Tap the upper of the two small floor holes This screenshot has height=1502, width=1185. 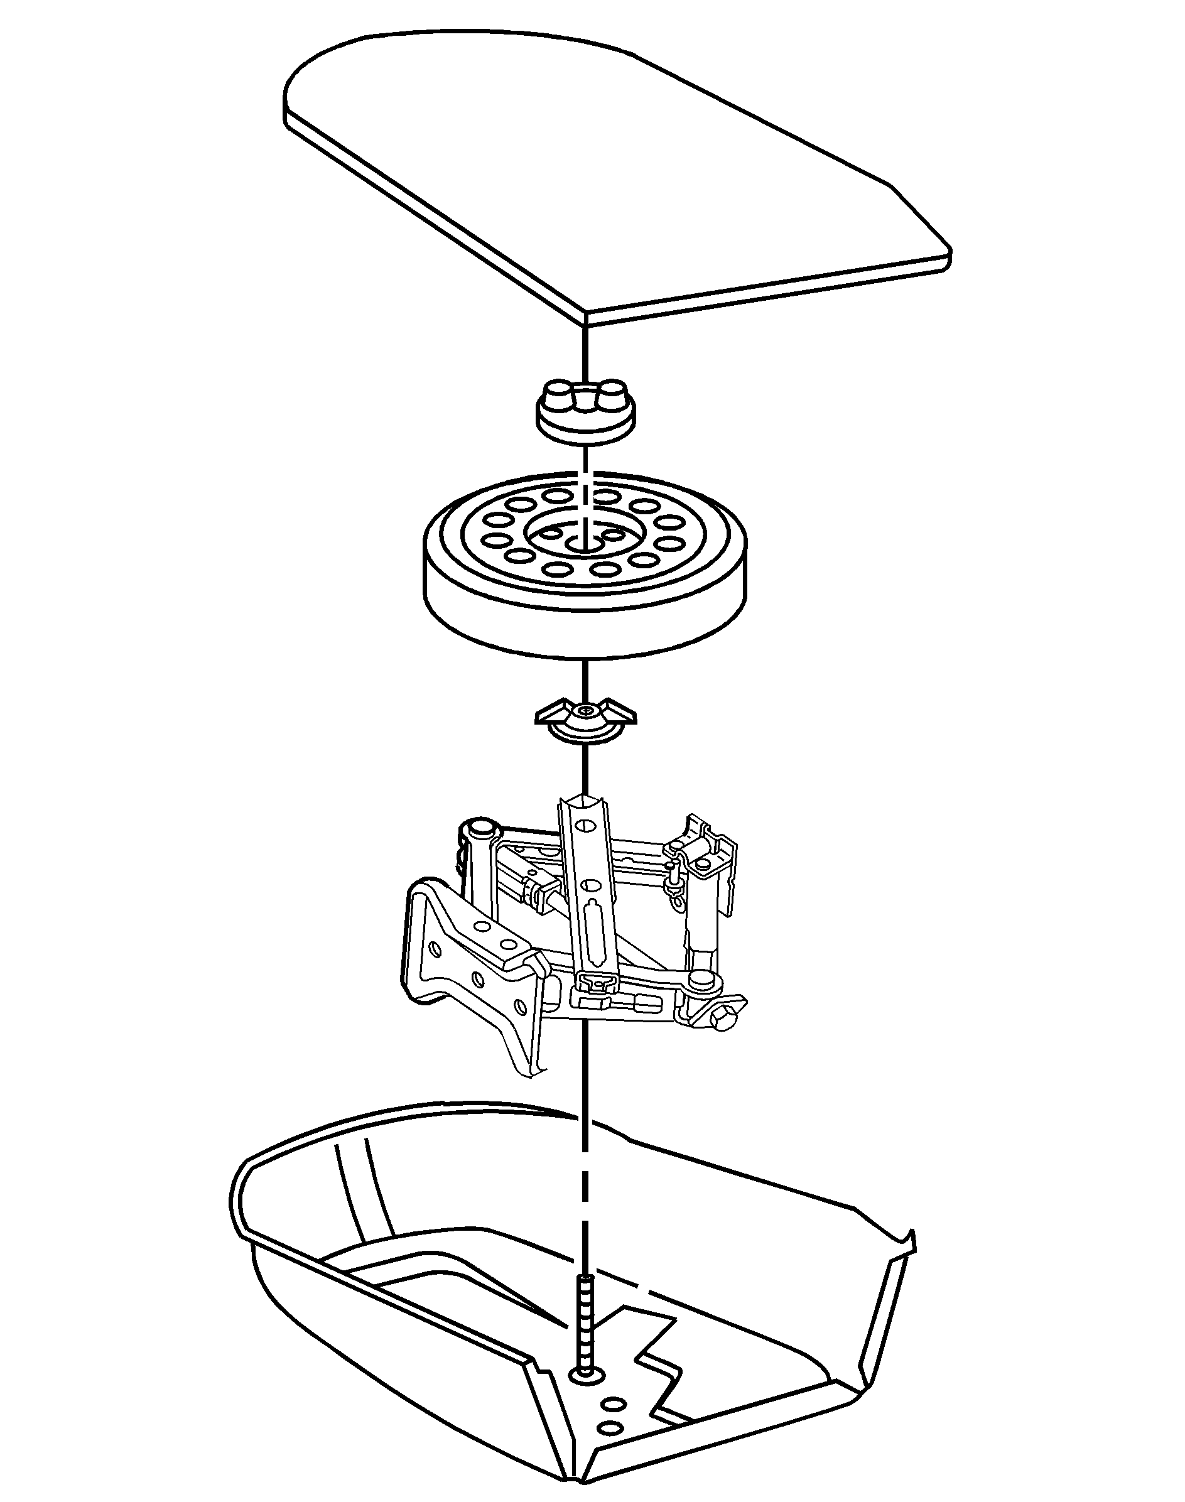pos(613,1404)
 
